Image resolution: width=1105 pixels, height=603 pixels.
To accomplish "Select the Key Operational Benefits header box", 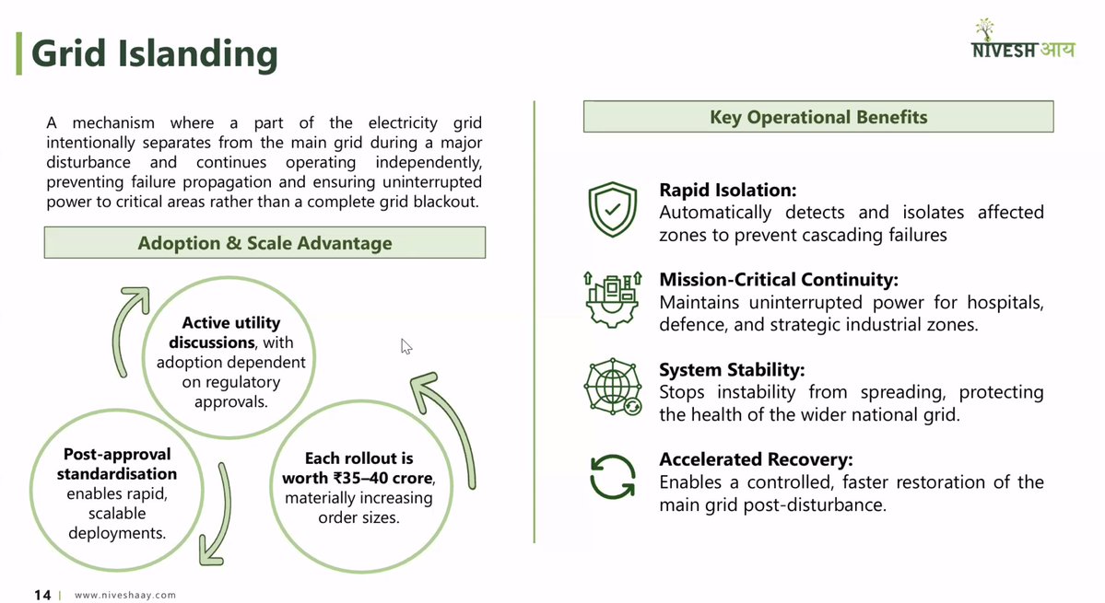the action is (x=818, y=117).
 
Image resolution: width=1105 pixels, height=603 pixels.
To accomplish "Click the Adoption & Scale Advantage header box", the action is (x=264, y=243).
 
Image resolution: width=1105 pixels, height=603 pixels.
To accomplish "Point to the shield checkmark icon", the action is (x=612, y=209).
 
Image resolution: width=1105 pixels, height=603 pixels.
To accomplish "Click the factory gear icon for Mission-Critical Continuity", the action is (x=612, y=298).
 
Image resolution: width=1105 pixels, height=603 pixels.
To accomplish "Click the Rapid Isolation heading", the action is (x=727, y=191).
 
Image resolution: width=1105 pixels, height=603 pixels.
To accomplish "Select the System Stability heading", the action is (x=732, y=370).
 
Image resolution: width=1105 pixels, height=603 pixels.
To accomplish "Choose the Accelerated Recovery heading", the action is (x=756, y=459).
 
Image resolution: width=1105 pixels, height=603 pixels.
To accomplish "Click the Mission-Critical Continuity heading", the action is (x=778, y=280).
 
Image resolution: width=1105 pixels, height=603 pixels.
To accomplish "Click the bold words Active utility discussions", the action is (x=231, y=332).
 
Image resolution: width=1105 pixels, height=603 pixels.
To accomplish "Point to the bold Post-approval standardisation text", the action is (x=116, y=464).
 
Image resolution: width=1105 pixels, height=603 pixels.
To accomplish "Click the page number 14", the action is (x=42, y=595).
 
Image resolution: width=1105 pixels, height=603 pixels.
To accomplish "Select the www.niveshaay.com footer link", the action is (x=125, y=596).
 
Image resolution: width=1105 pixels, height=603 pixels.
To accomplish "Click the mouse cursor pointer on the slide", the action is (x=406, y=346).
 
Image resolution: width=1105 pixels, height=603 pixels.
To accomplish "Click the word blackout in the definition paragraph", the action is (x=447, y=202).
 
